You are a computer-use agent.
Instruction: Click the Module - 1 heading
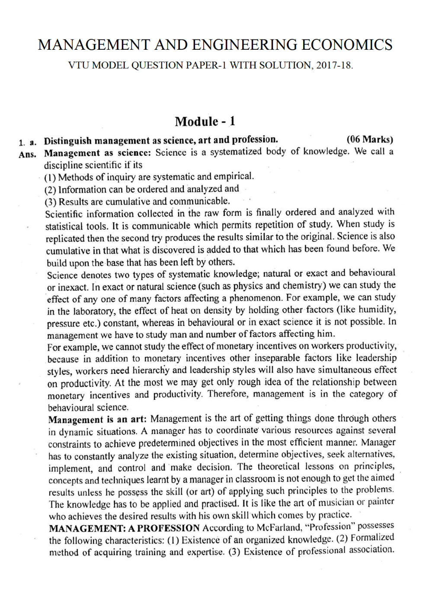(x=205, y=121)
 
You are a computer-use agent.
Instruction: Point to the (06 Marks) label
(x=370, y=139)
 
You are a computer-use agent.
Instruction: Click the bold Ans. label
(x=27, y=154)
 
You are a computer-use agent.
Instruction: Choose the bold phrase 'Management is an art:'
(x=97, y=419)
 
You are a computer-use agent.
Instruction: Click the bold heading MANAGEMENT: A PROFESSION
(x=124, y=528)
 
